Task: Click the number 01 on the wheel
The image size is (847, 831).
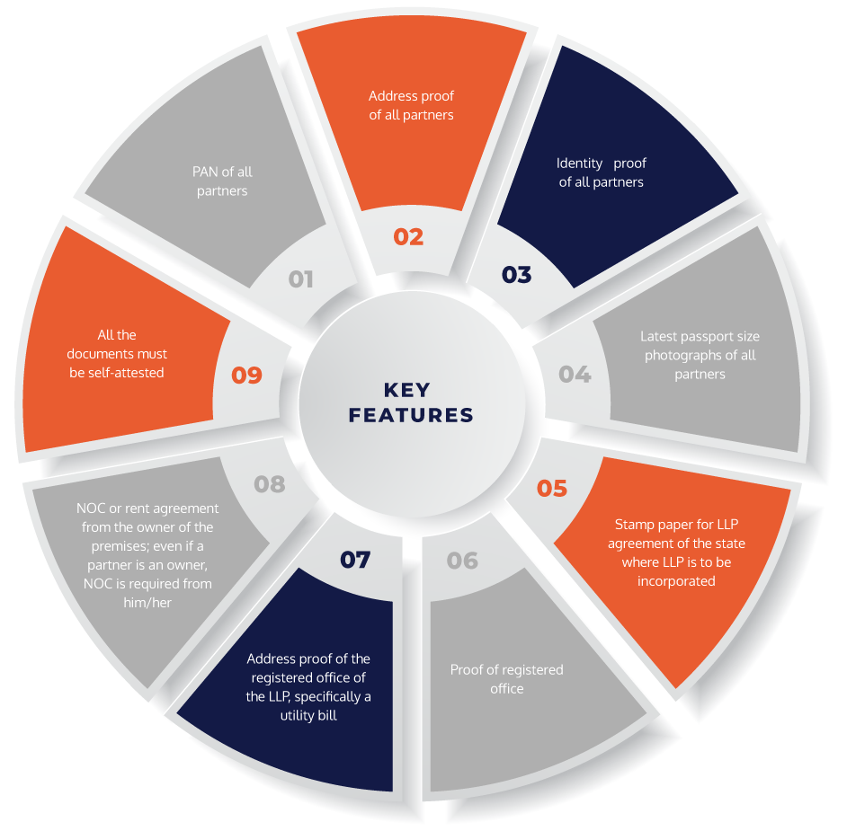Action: [x=300, y=279]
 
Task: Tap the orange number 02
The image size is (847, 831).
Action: [x=408, y=237]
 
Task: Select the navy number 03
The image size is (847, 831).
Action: [x=516, y=275]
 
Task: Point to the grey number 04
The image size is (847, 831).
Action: [x=575, y=374]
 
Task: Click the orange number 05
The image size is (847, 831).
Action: [x=552, y=489]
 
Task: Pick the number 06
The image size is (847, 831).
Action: [x=462, y=561]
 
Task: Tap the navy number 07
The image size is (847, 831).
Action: [x=355, y=560]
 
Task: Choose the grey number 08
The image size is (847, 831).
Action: [x=270, y=484]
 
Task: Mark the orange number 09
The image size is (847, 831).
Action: [x=247, y=375]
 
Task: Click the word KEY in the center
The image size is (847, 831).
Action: [x=407, y=390]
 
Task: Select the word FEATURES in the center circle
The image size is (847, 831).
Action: [x=411, y=415]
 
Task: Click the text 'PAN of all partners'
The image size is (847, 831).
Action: [x=222, y=181]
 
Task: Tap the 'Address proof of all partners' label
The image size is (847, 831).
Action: [x=411, y=105]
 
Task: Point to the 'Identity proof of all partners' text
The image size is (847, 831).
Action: [x=602, y=172]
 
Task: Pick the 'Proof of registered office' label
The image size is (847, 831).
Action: [x=507, y=679]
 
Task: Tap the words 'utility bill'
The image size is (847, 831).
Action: [x=308, y=715]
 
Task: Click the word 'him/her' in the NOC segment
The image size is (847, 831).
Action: [x=147, y=602]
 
